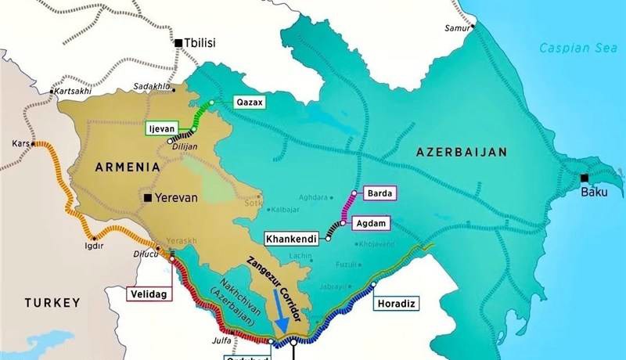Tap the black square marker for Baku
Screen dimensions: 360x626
tap(584, 178)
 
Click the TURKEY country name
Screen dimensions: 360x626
tap(52, 302)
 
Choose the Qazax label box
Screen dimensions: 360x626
tap(250, 102)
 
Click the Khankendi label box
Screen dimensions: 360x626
tap(292, 238)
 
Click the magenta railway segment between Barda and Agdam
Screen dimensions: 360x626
tap(348, 207)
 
